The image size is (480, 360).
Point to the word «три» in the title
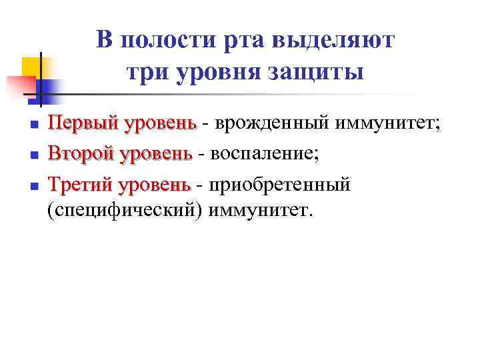click(x=145, y=71)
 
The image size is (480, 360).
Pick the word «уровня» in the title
click(x=215, y=71)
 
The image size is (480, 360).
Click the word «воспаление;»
click(x=264, y=154)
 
